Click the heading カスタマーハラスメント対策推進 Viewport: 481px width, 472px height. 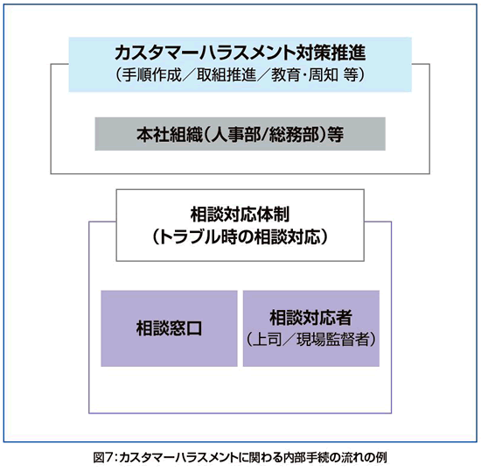(x=240, y=53)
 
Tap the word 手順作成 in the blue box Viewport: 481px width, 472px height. (x=152, y=74)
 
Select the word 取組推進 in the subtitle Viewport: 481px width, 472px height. (x=227, y=74)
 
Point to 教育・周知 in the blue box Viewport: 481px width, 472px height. (x=304, y=74)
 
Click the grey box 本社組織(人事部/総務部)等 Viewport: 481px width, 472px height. (x=240, y=134)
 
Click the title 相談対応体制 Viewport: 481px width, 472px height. (x=240, y=215)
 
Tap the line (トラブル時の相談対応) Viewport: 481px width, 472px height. (x=240, y=237)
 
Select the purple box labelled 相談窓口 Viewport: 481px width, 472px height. (x=169, y=328)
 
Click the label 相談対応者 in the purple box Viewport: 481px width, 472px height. (x=310, y=318)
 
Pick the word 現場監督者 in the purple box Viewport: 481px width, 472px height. (x=332, y=340)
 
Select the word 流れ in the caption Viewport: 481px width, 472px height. (x=353, y=458)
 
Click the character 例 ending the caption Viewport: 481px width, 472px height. (x=381, y=458)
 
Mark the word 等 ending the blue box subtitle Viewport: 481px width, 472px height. (x=350, y=74)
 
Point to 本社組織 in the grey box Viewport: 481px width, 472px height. (x=170, y=134)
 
